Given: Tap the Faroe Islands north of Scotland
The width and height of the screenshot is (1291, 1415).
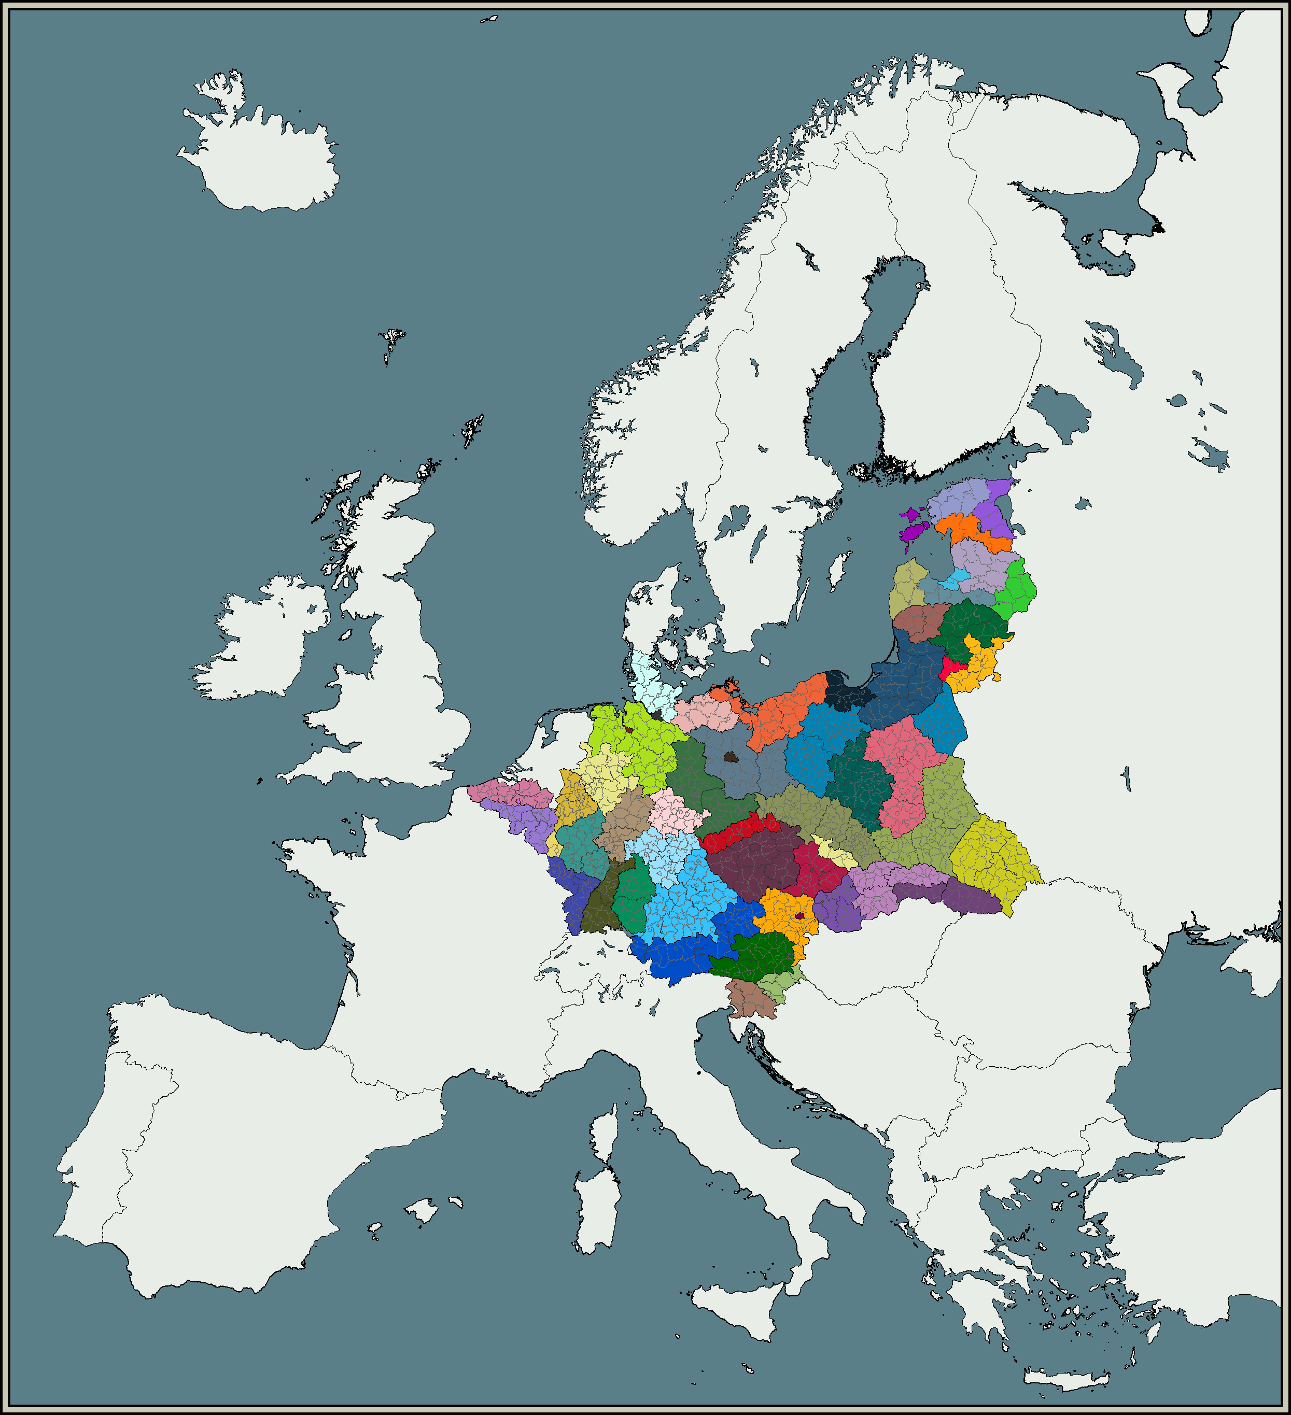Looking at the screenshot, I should pos(393,341).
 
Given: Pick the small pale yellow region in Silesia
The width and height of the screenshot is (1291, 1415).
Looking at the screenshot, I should pos(835,852).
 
